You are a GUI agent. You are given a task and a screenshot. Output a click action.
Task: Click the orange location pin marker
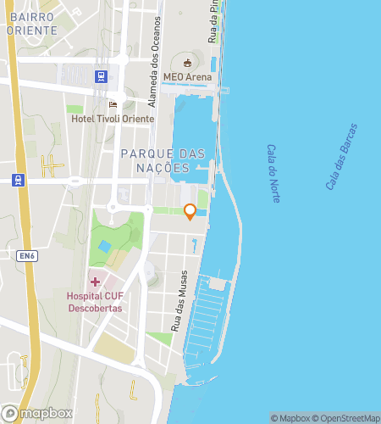point(190,212)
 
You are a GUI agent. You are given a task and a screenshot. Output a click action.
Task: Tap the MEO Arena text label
point(185,77)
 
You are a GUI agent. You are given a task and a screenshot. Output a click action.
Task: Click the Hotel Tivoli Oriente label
point(113,119)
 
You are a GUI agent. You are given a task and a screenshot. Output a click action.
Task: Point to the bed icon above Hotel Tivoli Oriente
point(113,104)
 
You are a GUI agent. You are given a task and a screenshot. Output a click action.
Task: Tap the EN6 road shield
point(29,255)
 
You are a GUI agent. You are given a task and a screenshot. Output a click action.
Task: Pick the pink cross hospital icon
point(95,282)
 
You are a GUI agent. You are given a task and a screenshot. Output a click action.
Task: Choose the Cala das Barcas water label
point(342,156)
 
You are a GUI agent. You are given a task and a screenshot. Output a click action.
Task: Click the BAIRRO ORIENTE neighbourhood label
point(31,23)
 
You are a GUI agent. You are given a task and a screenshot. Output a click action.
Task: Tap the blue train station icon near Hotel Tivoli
point(102,75)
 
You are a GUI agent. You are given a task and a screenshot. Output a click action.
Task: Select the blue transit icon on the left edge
point(17,179)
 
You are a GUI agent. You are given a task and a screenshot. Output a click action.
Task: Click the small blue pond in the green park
point(104,247)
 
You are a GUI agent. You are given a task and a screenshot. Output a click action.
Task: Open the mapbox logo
point(36,413)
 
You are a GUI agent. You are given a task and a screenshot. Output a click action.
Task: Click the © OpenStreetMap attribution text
point(348,418)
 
